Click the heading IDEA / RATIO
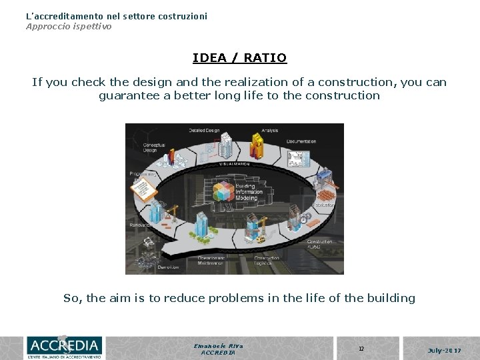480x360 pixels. pos(239,58)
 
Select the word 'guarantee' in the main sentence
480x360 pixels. pos(129,95)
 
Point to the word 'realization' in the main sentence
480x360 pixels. pos(251,82)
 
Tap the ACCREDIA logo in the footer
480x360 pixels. pos(63,347)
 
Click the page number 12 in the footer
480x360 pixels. pos(361,349)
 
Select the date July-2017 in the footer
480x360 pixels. pos(444,349)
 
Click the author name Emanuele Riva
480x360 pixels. pos(218,345)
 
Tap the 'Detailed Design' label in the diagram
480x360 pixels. pos(204,130)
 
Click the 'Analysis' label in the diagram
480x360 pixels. pos(269,130)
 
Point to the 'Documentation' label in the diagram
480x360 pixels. pos(301,141)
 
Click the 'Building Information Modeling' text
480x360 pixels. pos(249,191)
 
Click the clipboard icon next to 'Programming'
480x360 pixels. pos(144,190)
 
